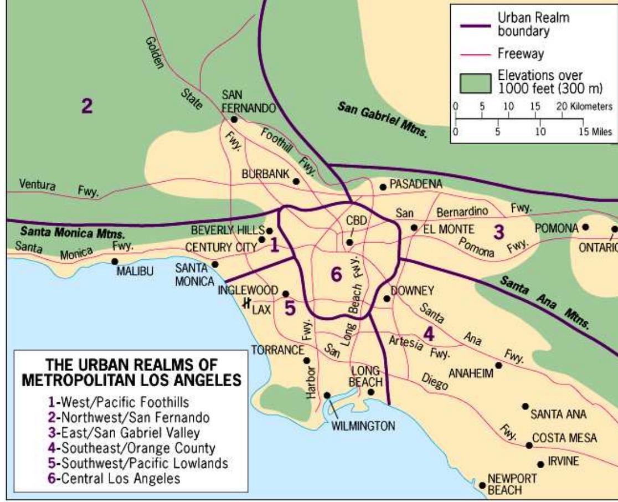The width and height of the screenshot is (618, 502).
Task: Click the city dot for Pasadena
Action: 382,187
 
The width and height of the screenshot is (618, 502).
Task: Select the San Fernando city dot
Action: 235,119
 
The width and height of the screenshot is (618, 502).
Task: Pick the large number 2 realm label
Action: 86,106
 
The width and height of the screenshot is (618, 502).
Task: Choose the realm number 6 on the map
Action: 336,274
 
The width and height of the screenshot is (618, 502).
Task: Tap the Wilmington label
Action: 363,426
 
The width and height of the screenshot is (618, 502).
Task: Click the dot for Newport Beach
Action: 482,485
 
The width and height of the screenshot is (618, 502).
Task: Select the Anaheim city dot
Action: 498,365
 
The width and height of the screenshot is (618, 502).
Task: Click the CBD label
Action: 357,221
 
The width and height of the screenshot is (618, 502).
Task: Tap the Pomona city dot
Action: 585,227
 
